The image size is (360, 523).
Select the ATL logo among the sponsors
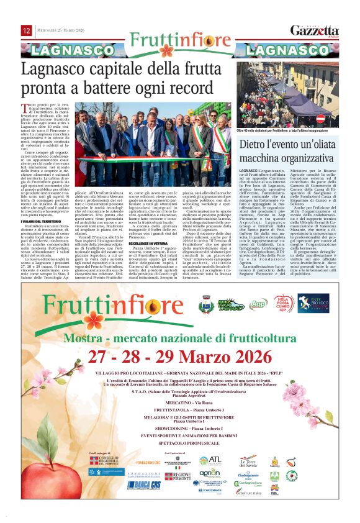pos(213,461)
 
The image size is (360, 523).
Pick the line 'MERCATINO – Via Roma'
pos(181,402)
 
